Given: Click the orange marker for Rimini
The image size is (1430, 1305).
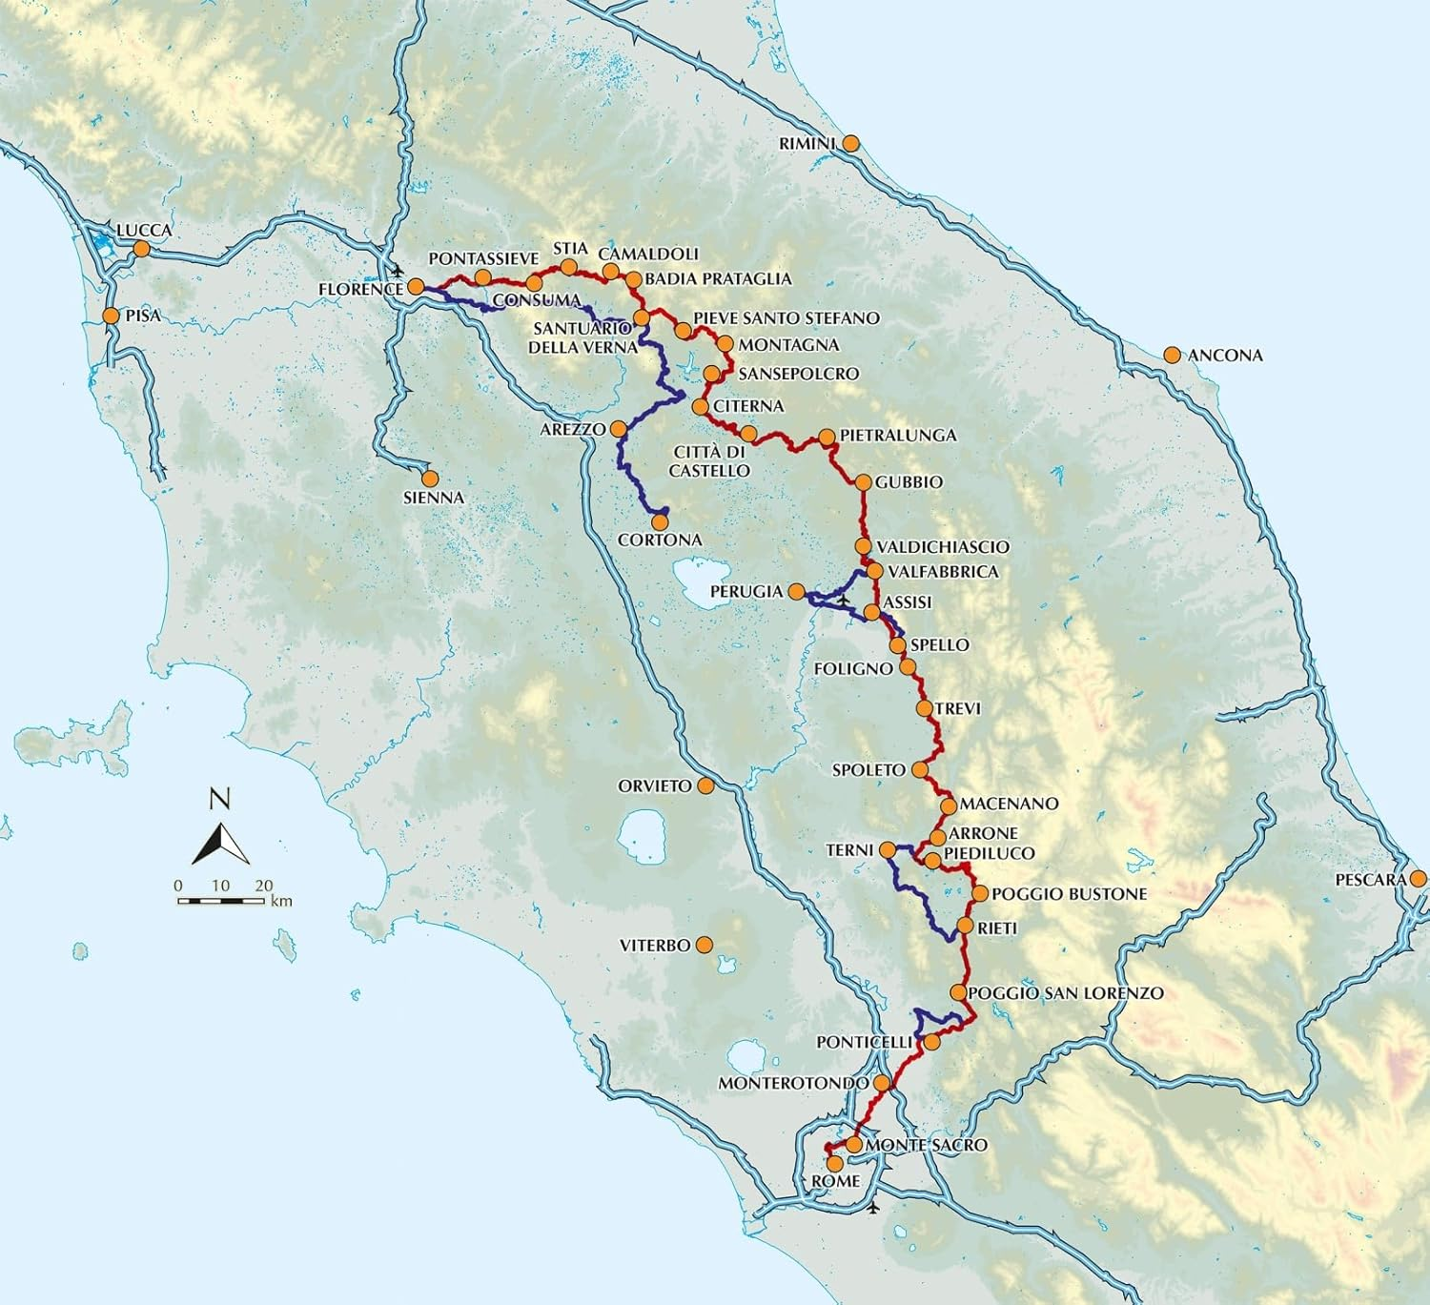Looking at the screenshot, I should click(x=850, y=143).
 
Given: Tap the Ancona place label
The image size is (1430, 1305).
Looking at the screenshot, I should click(x=1225, y=356).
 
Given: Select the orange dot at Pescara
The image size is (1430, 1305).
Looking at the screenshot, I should click(x=1419, y=879).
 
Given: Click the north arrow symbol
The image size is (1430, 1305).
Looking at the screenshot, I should click(x=220, y=842).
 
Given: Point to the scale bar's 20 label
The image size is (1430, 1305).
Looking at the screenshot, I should click(x=264, y=886).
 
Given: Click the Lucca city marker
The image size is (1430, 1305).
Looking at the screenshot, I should click(x=141, y=249).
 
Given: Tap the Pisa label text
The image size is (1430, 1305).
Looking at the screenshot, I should click(x=143, y=316).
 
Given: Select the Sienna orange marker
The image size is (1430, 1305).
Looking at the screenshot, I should click(x=430, y=479).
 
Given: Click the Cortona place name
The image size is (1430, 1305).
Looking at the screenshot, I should click(x=660, y=540).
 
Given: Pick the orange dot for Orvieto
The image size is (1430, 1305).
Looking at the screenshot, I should click(x=705, y=785).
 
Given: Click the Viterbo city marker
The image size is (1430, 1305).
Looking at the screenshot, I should click(x=704, y=945).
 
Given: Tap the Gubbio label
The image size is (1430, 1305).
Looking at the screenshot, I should click(x=909, y=482).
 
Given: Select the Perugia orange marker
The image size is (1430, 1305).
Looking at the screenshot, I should click(x=796, y=591).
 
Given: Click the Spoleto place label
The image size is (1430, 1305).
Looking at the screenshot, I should click(x=868, y=770).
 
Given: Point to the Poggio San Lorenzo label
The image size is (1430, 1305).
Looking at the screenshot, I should click(x=1065, y=993).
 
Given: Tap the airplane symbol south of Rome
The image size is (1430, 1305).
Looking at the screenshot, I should click(x=875, y=1208).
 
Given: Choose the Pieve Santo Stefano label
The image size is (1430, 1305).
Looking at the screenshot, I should click(x=786, y=317).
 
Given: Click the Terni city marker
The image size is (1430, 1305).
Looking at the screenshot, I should click(x=887, y=849).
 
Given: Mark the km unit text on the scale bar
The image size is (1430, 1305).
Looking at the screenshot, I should click(x=281, y=901).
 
